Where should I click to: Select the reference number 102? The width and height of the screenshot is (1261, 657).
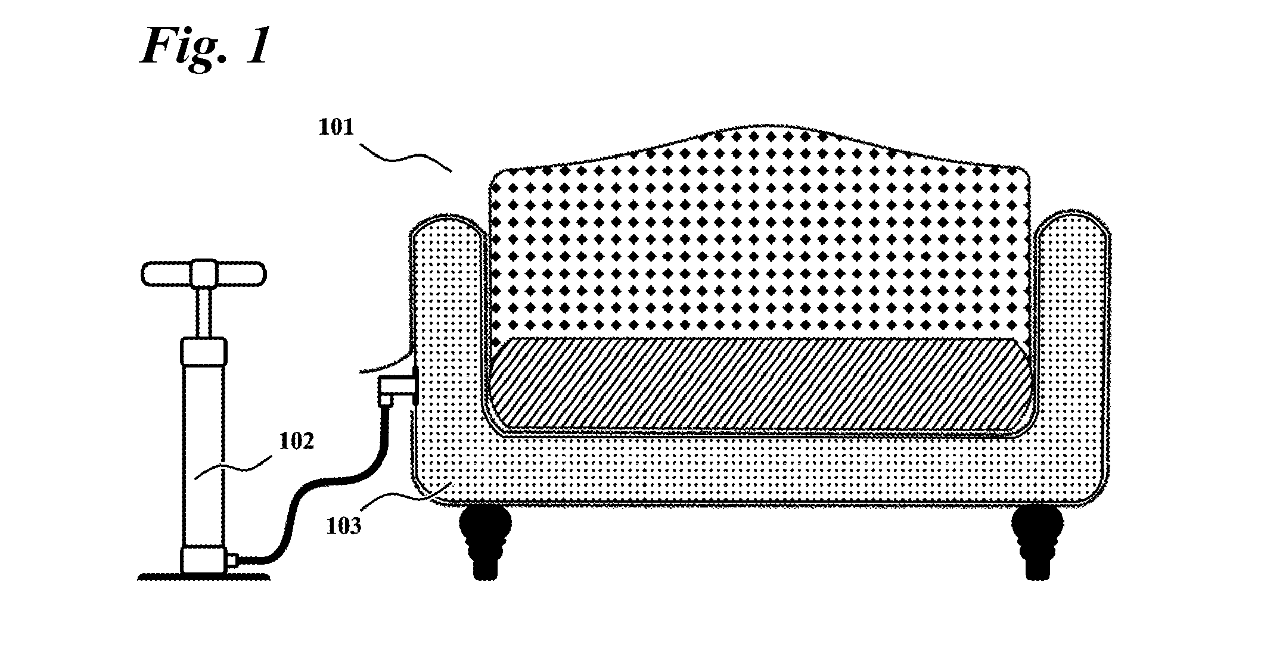(x=296, y=442)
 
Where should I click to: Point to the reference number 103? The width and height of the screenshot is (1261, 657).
(x=344, y=527)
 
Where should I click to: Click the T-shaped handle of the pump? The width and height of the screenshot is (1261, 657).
(x=204, y=273)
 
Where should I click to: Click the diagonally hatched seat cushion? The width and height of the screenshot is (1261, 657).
(x=760, y=384)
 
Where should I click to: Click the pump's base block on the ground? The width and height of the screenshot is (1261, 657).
(x=204, y=561)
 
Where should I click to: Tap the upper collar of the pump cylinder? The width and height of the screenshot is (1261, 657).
(x=204, y=351)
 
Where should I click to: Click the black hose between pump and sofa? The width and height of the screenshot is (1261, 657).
(x=322, y=488)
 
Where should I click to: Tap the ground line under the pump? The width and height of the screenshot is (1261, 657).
(x=204, y=577)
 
